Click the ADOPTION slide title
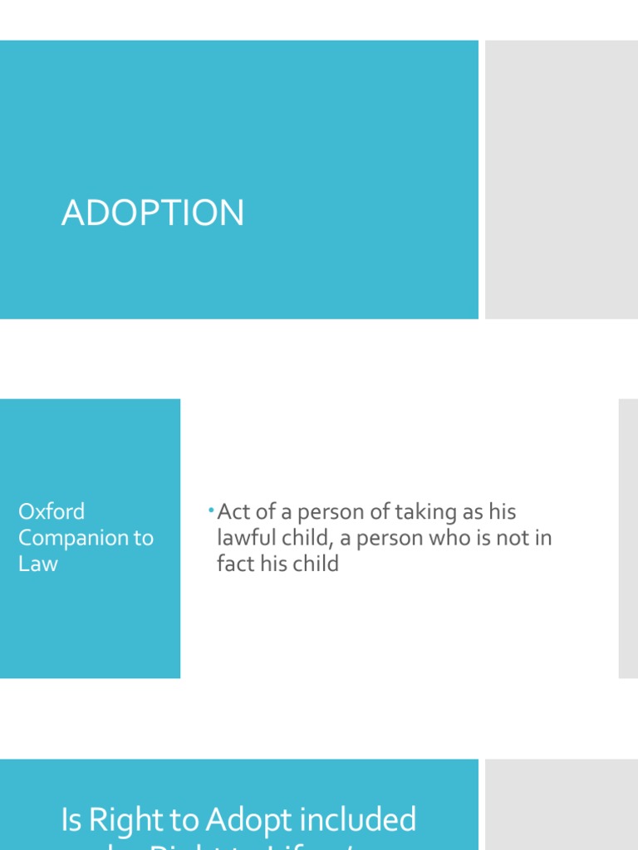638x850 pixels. tap(153, 213)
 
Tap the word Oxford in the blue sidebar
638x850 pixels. tap(52, 511)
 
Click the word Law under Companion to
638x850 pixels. tap(38, 564)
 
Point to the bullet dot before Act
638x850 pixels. tap(212, 508)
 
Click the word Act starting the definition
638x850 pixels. tap(234, 512)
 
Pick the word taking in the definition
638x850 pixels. tap(428, 512)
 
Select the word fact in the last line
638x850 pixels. tap(236, 564)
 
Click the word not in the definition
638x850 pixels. tap(517, 538)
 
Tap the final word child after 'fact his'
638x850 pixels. tap(314, 564)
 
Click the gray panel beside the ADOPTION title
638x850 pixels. tap(562, 179)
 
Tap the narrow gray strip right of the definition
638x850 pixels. tap(628, 538)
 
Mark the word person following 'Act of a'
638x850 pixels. tap(330, 512)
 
